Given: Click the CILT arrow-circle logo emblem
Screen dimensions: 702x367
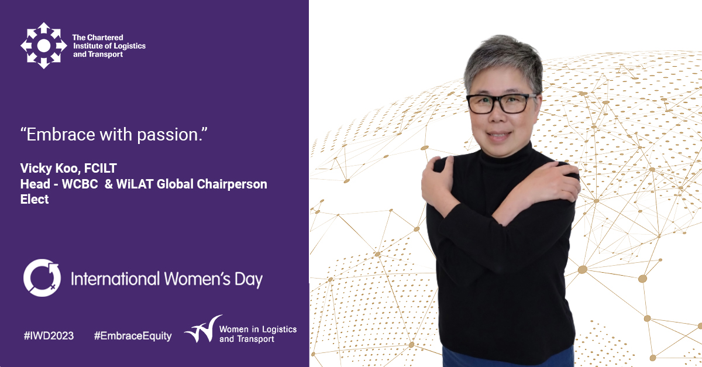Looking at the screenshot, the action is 43,46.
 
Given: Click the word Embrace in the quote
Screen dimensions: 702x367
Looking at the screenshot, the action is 61,134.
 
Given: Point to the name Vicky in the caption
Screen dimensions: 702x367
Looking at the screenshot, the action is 36,169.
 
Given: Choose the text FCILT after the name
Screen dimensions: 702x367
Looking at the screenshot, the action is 100,168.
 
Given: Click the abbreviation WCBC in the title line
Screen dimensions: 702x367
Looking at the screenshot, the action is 80,184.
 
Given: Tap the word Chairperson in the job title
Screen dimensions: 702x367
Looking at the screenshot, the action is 232,184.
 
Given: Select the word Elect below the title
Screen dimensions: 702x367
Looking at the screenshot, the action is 35,199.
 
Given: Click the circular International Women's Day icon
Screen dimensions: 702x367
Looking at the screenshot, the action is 42,278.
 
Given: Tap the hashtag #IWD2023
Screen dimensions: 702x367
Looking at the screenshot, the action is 49,335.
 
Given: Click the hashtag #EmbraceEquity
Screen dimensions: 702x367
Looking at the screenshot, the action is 133,336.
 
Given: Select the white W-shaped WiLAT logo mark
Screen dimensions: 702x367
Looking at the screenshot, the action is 203,330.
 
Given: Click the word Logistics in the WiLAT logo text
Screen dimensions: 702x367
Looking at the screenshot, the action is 279,330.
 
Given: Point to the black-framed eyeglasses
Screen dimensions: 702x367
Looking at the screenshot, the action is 501,103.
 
